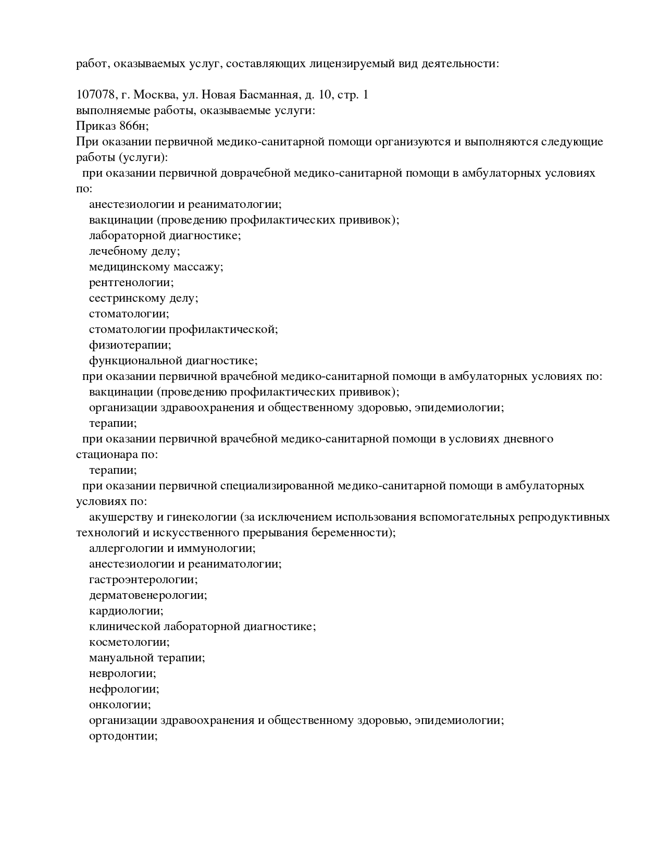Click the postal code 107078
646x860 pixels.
[95, 95]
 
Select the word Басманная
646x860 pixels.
[265, 95]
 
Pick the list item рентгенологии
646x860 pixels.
[131, 282]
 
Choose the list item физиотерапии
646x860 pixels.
[129, 345]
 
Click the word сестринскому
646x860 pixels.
[127, 298]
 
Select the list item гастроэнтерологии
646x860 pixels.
[143, 580]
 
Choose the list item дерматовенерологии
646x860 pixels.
[147, 595]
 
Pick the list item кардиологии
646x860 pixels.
[126, 611]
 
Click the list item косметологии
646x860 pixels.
[129, 642]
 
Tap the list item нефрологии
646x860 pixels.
[123, 689]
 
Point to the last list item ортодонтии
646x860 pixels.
[123, 736]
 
